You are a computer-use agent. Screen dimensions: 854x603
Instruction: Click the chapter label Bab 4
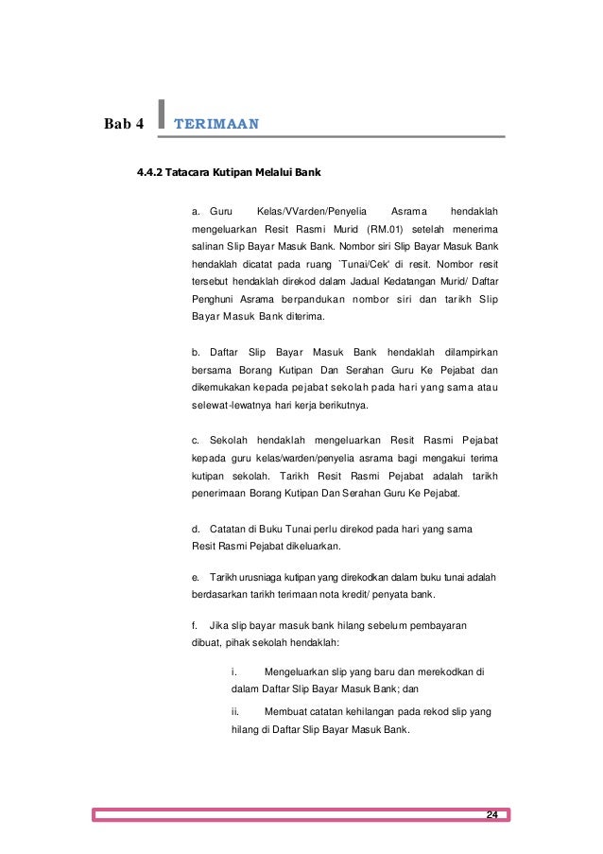point(124,124)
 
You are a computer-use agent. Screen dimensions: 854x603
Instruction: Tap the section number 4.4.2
point(150,174)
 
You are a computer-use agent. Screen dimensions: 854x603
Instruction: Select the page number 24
point(491,815)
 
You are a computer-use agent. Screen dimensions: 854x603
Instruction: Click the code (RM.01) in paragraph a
point(389,228)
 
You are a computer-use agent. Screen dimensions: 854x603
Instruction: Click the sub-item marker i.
point(233,671)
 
